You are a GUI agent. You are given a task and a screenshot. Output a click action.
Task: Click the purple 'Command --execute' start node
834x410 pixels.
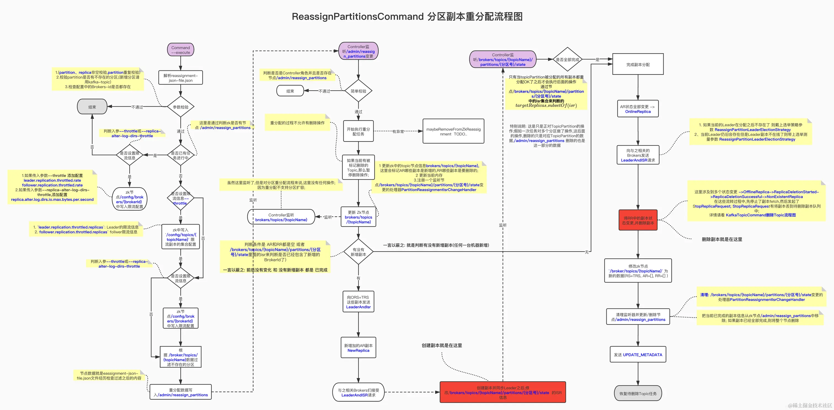coord(181,50)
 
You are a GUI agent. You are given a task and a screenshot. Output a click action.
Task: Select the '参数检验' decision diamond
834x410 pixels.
coord(181,107)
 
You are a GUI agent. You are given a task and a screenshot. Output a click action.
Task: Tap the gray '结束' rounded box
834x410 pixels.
coord(92,107)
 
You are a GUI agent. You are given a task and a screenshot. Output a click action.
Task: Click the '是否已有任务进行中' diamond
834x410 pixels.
coord(181,155)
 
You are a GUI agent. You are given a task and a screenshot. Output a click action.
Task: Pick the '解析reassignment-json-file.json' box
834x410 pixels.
coord(181,78)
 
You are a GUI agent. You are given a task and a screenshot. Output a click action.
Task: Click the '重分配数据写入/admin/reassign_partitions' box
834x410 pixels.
coord(181,392)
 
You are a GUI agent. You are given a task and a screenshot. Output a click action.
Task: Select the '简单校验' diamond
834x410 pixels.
coord(359,91)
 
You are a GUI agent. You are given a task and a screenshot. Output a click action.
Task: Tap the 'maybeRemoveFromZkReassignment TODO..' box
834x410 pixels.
coord(453,131)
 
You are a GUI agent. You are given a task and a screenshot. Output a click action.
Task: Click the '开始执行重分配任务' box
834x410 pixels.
coord(359,131)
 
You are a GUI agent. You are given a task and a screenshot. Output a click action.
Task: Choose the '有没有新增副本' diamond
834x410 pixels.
coord(359,252)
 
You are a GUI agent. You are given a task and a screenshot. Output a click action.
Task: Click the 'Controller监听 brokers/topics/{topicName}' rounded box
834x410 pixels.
coord(281,217)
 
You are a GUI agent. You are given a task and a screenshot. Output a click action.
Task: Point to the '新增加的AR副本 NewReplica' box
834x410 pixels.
coord(359,348)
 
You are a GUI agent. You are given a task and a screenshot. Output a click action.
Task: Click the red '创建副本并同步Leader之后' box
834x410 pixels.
coord(502,392)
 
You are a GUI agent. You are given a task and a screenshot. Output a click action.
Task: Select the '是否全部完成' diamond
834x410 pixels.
coord(567,59)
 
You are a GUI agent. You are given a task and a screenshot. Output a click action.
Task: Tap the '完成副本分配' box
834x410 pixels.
coord(638,64)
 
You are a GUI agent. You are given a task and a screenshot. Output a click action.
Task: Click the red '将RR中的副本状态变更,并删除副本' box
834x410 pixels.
coord(638,220)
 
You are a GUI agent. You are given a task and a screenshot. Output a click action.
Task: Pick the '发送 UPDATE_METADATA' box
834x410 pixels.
coord(638,354)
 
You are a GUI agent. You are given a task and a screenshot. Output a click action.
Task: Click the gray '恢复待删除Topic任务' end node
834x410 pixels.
coord(638,393)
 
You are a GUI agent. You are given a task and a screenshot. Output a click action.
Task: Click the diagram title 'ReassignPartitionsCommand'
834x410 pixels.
coord(357,16)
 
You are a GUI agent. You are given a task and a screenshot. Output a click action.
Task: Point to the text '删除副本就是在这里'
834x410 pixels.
coord(722,239)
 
